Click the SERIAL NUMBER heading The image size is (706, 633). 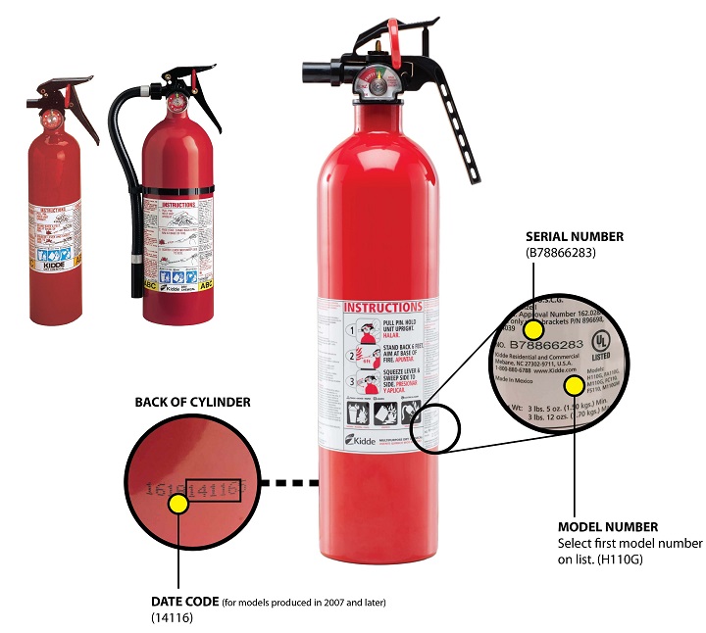(x=575, y=237)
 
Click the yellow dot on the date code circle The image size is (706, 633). (x=177, y=505)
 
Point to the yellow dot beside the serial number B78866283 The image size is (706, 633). (x=532, y=328)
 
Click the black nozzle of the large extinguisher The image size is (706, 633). (x=317, y=72)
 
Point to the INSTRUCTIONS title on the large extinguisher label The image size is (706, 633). (x=382, y=307)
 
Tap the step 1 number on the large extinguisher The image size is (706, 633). (x=350, y=331)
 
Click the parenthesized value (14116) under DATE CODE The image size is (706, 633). (x=169, y=617)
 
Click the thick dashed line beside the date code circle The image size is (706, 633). (x=290, y=482)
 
